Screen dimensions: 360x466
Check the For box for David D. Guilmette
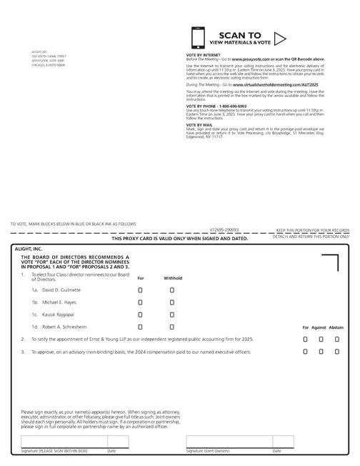(141, 290)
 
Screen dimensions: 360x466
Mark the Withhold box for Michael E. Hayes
(172, 302)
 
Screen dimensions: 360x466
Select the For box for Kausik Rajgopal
(141, 314)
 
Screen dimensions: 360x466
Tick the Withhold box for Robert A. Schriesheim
(172, 327)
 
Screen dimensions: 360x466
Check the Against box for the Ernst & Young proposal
(321, 339)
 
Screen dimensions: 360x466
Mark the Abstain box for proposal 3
(337, 352)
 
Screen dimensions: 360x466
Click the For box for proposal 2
(305, 339)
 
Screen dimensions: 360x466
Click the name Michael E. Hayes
(58, 302)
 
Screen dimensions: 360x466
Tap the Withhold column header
(173, 278)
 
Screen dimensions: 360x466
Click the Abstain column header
(336, 327)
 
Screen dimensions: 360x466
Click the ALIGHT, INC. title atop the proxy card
(29, 249)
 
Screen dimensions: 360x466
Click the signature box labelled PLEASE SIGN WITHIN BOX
(63, 441)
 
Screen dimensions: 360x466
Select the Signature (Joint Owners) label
(208, 452)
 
